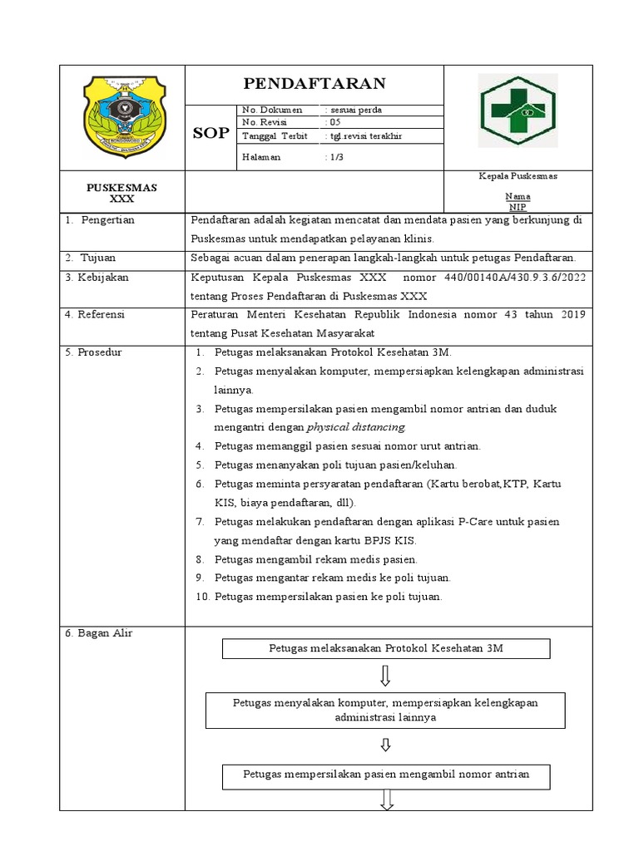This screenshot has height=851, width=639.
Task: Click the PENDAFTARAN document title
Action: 314,83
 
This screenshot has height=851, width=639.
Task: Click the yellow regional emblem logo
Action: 122,115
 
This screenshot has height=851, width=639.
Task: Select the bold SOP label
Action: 211,133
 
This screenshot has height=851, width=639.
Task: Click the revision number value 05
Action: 334,122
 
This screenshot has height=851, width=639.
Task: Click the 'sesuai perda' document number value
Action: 355,110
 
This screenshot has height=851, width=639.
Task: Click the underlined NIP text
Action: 518,207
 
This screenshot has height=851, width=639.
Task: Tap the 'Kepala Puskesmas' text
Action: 518,176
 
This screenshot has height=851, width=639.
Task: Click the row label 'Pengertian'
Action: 107,220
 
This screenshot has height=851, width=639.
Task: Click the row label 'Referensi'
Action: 101,314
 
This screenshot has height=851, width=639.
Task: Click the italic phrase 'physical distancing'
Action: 356,427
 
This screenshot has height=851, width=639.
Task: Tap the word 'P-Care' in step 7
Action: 475,522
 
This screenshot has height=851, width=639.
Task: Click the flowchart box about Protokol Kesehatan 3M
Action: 386,648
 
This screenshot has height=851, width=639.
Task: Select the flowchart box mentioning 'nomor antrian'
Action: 386,775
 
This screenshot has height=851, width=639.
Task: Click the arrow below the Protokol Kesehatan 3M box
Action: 385,675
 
